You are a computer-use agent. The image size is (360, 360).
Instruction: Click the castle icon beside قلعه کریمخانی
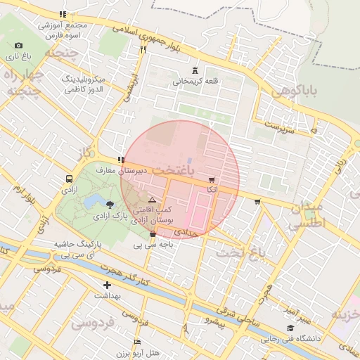[x=195, y=70]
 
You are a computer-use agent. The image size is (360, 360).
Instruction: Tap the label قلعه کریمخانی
[x=196, y=82]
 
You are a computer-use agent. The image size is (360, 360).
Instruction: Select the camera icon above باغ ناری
[x=18, y=45]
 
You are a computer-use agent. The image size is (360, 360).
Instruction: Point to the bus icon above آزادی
[x=69, y=179]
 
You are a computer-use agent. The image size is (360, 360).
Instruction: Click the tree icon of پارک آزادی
[x=109, y=205]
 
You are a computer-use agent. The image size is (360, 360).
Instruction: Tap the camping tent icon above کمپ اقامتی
[x=152, y=200]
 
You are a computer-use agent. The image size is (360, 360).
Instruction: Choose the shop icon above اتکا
[x=212, y=179]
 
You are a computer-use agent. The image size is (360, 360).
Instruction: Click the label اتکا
[x=212, y=190]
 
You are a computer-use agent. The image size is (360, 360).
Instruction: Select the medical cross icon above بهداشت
[x=107, y=285]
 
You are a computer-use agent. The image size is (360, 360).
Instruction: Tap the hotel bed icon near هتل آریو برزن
[x=137, y=342]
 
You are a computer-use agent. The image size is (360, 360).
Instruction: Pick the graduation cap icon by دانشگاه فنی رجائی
[x=290, y=328]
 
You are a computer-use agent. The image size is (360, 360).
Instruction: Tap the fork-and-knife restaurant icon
[x=143, y=49]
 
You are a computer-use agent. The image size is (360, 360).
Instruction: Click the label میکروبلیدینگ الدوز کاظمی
[x=84, y=84]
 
